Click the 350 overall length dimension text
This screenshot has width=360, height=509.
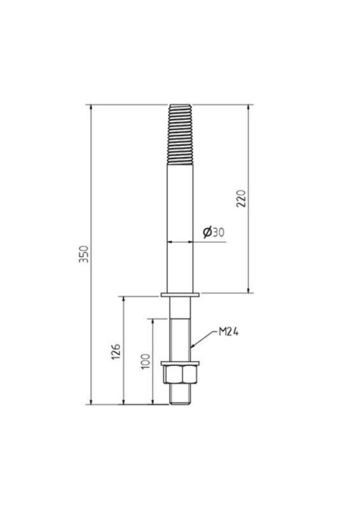point(84,254)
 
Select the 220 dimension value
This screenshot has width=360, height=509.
point(241,199)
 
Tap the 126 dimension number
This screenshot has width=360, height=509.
point(115,352)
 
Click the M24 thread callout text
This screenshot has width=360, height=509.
point(228,333)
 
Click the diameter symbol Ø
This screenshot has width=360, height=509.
point(208,232)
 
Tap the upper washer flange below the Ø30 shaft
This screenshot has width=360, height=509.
point(180,295)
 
